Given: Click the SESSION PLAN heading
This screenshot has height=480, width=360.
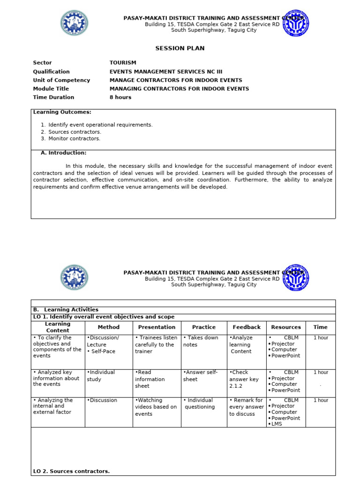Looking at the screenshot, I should (x=180, y=48).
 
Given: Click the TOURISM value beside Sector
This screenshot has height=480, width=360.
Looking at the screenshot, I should (x=123, y=63).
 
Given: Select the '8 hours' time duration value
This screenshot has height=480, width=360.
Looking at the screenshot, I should (x=120, y=97).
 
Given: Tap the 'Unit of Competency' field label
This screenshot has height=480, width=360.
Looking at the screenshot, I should (x=61, y=80).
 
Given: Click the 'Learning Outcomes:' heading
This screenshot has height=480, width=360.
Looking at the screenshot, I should (x=62, y=112).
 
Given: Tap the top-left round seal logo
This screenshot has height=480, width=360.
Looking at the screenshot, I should (x=74, y=23).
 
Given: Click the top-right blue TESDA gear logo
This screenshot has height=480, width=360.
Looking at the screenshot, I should (x=296, y=23).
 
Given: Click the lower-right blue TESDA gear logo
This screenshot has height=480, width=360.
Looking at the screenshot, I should (x=296, y=277).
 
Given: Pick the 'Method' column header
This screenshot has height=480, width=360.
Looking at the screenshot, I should (x=109, y=327).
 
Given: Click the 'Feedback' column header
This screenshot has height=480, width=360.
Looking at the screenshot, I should (x=247, y=327).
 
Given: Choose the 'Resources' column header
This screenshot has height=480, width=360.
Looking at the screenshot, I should (x=286, y=327).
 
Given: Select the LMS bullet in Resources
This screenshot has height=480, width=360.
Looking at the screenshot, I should (x=276, y=424).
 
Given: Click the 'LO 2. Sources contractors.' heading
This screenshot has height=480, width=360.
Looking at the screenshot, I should (x=71, y=471).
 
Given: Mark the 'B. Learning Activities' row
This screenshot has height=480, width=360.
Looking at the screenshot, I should (x=66, y=310).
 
